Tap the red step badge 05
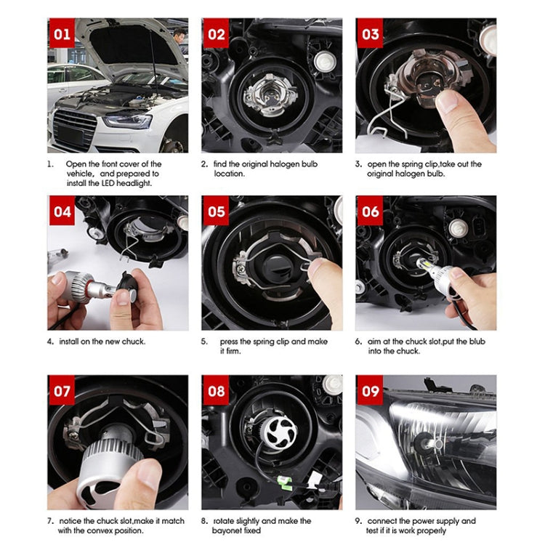click(217, 211)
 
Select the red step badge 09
click(371, 391)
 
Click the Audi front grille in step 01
click(75, 128)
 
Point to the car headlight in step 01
click(127, 121)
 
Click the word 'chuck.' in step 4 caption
click(132, 342)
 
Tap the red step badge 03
click(371, 33)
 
